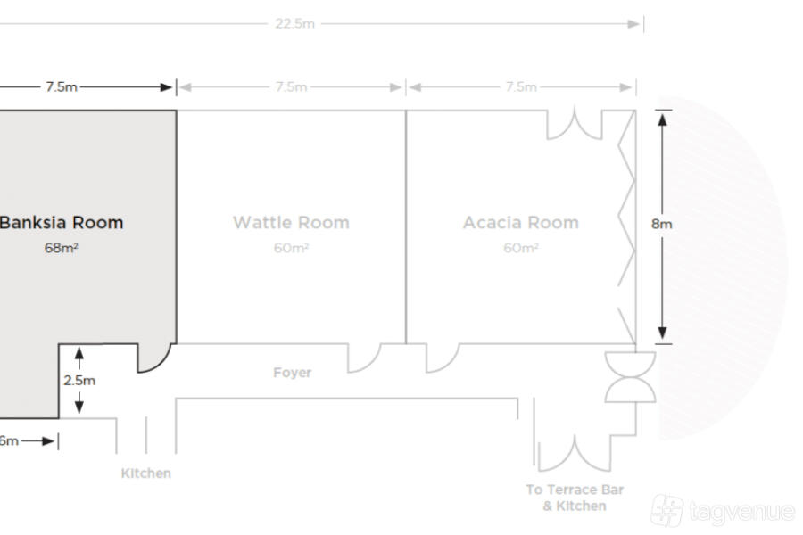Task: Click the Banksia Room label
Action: coord(62,223)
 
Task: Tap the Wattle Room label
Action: coord(291,223)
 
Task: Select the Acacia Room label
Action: coord(521,223)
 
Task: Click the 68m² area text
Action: coord(61,248)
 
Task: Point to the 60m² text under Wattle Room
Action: coord(291,248)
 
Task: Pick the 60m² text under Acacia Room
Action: coord(521,248)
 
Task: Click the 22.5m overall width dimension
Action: coord(294,23)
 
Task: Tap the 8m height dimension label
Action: coord(662,224)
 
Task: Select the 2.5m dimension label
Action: coord(79,381)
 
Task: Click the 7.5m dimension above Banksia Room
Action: coord(62,87)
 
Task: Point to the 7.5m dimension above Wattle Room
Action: coord(291,87)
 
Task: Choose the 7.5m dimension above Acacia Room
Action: coord(521,87)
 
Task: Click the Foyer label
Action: coord(292,372)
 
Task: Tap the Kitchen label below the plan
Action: coord(146,473)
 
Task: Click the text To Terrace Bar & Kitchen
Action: coord(575,498)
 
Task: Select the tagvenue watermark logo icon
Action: coord(667,510)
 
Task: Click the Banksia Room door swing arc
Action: coord(163,363)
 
